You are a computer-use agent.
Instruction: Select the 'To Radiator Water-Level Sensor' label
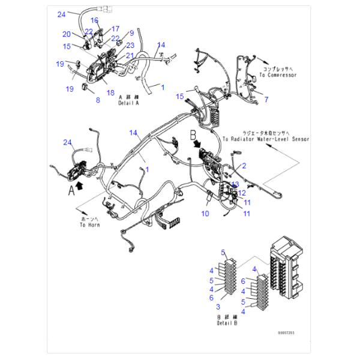tap(265, 139)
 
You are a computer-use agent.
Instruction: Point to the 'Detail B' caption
tap(228, 323)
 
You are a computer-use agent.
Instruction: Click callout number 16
tap(94, 20)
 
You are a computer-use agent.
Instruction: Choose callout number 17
tap(115, 28)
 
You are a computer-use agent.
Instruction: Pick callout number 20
tap(67, 34)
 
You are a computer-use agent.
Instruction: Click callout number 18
tap(110, 92)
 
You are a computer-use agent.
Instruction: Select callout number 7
tap(266, 99)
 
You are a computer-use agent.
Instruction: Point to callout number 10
tap(205, 212)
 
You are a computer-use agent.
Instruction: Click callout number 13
tap(236, 184)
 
